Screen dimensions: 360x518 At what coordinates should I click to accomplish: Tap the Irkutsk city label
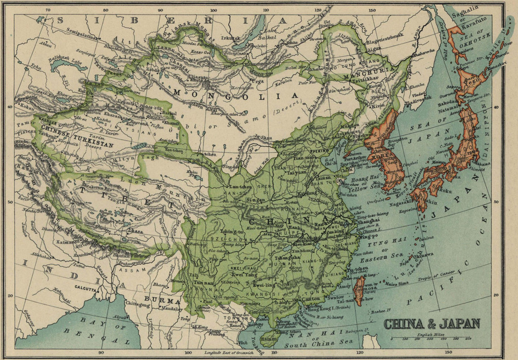[x=231, y=37]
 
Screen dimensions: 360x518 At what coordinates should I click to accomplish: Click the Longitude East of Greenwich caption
[x=228, y=352]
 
